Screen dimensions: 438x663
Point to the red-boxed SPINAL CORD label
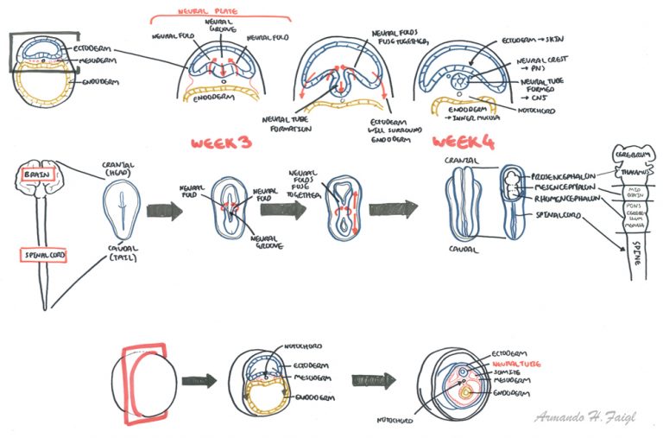(43, 256)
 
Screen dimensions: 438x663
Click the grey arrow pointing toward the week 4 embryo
(393, 211)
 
